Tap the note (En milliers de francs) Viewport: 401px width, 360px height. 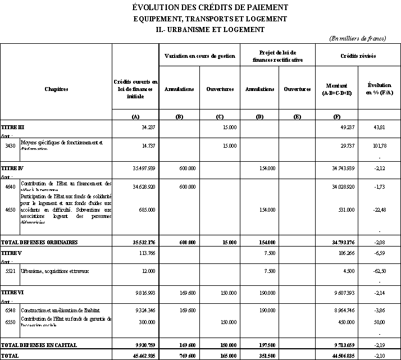[358, 38]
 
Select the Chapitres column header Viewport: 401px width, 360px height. [56, 89]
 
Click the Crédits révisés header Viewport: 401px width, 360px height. [358, 57]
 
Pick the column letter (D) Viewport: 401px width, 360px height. [259, 116]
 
